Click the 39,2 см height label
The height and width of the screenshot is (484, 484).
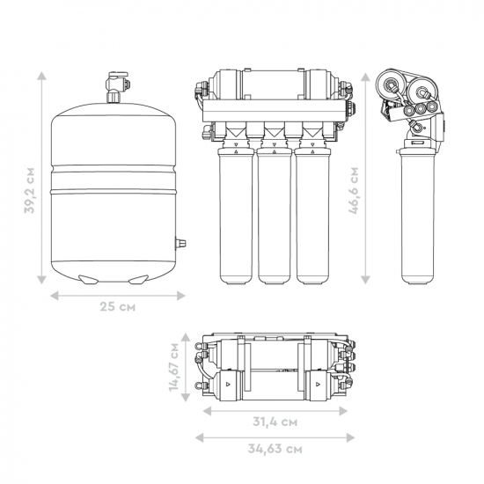[x=30, y=190]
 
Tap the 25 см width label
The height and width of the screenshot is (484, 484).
[x=117, y=307]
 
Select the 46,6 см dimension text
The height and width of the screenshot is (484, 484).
[x=354, y=190]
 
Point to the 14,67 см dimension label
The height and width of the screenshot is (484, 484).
[x=174, y=367]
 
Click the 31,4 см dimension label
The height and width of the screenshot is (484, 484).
[x=275, y=422]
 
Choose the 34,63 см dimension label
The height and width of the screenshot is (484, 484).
[x=275, y=449]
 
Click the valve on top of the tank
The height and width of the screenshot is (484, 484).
[x=117, y=87]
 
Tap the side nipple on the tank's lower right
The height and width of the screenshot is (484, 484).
[x=180, y=243]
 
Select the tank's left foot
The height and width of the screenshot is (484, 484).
[x=89, y=279]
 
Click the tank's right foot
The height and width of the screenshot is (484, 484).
[x=138, y=279]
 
